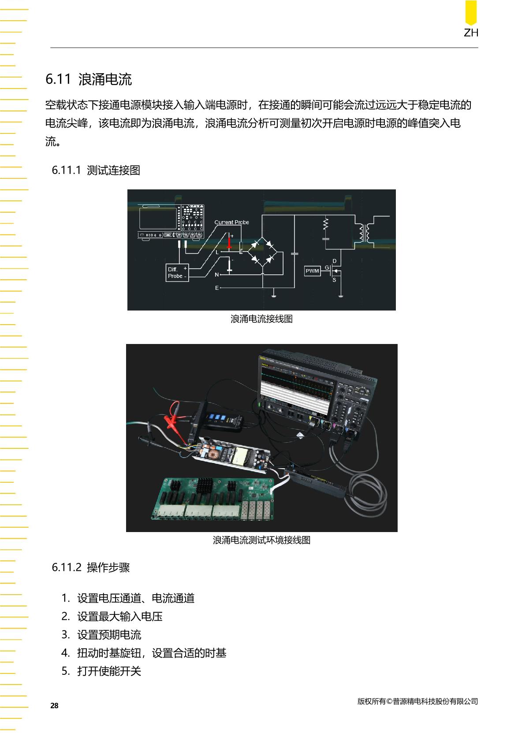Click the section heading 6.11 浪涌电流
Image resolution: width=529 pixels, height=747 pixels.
tap(89, 79)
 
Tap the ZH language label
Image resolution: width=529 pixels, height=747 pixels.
tap(471, 33)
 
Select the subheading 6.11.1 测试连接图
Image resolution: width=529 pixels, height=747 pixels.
tap(96, 170)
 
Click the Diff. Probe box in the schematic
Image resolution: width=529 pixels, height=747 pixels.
tap(177, 273)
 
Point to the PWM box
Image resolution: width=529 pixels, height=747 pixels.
tap(313, 271)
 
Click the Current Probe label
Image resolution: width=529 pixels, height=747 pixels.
tap(231, 222)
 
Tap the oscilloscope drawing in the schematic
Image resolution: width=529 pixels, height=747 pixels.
tap(171, 222)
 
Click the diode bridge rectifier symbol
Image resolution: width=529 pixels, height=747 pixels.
tap(262, 251)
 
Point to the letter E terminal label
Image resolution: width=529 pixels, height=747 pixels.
tap(217, 288)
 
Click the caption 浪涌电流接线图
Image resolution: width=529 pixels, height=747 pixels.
tap(262, 319)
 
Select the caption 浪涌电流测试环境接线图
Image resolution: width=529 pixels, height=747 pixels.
tap(262, 540)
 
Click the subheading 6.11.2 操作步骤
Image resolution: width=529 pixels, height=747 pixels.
tap(91, 567)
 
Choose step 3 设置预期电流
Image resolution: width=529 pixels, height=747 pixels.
tap(101, 635)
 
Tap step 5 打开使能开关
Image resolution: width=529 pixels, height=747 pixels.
tap(101, 671)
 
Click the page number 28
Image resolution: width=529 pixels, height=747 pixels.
tap(54, 706)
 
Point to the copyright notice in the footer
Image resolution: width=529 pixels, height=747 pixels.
tap(417, 701)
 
